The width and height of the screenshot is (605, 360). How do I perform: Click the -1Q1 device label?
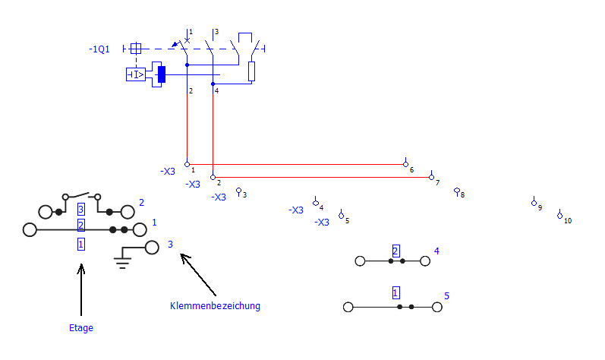(99, 49)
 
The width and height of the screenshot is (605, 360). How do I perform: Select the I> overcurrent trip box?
(136, 74)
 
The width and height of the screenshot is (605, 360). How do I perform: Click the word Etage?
(81, 328)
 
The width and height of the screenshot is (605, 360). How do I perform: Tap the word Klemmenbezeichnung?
(215, 305)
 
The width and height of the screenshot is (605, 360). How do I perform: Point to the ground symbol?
(122, 257)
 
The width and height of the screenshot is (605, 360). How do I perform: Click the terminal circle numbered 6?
(405, 164)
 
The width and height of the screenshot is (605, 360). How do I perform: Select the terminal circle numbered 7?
(431, 178)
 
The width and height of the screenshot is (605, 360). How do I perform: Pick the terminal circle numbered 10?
(560, 216)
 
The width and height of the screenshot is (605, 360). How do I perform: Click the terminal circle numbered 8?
(457, 191)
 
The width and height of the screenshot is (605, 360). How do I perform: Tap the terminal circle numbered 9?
(534, 203)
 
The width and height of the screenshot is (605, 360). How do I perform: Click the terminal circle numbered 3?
(238, 191)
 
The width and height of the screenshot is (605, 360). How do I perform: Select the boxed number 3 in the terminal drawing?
(81, 209)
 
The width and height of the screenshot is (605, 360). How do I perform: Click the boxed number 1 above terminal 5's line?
(396, 293)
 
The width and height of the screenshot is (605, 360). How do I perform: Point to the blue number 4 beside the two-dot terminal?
(436, 251)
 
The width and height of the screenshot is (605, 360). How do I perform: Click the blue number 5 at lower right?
(447, 296)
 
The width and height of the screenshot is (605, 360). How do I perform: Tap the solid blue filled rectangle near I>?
(162, 74)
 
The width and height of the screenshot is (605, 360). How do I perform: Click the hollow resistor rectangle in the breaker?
(251, 71)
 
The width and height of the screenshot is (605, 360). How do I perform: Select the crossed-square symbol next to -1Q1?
(136, 49)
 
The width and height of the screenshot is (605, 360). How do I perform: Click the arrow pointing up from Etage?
(81, 290)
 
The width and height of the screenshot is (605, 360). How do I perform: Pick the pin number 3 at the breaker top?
(217, 32)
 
